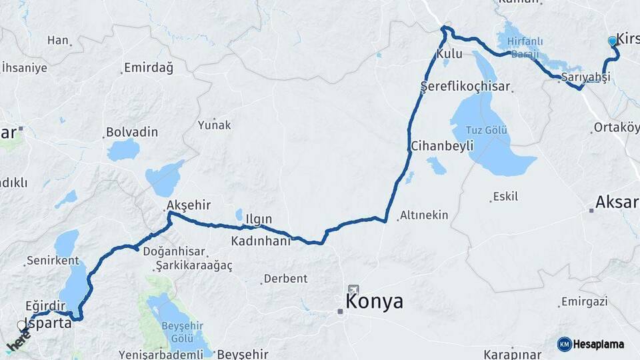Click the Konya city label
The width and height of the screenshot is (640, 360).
coord(374,301)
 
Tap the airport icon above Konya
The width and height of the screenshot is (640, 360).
coord(353,291)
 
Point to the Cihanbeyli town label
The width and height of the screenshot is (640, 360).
coord(442,145)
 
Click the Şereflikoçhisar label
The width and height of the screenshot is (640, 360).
coord(465,87)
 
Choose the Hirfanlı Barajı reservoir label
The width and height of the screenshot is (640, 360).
coord(525,47)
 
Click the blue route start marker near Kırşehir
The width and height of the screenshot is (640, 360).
coord(613,41)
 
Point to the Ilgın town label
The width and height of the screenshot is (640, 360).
coord(259,219)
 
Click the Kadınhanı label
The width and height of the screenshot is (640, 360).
coord(261,241)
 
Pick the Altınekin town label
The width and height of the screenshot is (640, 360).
coord(424,215)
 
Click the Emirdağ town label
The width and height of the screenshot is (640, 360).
coord(148,68)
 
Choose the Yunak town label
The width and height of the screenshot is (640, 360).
coord(214,125)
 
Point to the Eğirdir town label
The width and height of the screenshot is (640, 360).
coord(47,305)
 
